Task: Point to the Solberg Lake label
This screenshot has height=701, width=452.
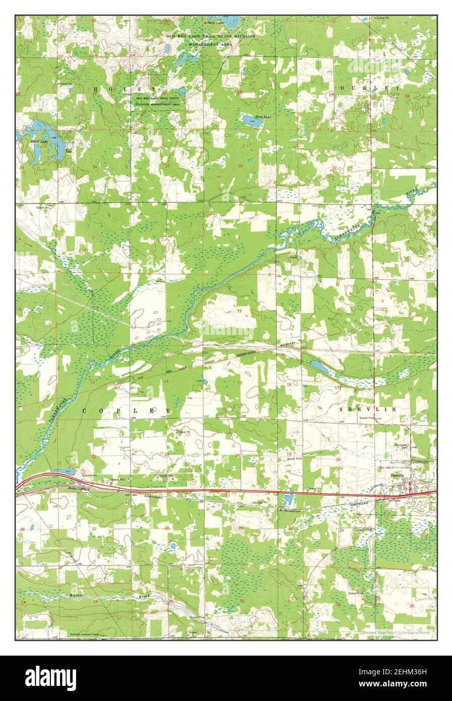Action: (213, 22)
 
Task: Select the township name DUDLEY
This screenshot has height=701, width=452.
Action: (370, 88)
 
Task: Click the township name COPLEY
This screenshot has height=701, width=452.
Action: (126, 411)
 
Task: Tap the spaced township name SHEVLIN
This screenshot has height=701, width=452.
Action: (367, 409)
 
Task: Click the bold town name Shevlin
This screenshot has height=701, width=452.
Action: (398, 475)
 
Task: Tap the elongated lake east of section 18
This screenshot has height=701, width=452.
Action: (319, 367)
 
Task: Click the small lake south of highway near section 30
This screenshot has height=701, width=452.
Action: (288, 500)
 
